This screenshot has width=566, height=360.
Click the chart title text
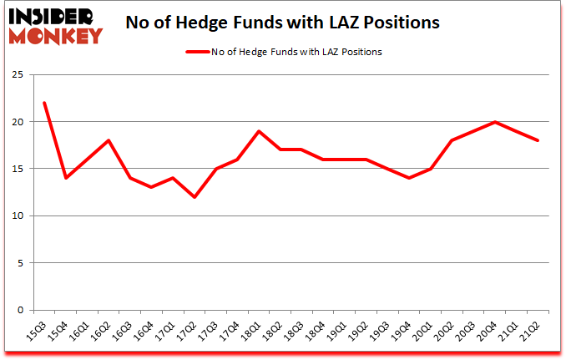284,23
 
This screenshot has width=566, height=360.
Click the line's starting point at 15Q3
44,103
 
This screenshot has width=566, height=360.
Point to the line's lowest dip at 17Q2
195,197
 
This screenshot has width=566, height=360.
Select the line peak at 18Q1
259,131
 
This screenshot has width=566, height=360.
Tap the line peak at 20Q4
495,122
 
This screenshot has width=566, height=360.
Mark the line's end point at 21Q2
538,140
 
